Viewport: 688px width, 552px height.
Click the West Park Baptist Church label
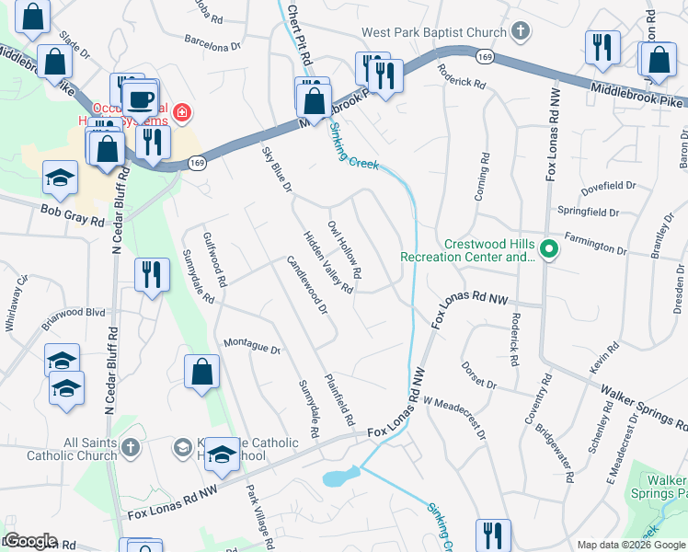click(x=433, y=32)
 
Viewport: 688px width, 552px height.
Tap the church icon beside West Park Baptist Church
click(x=521, y=32)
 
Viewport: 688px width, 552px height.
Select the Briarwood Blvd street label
click(x=74, y=317)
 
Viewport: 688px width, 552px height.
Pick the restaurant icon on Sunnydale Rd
click(x=151, y=274)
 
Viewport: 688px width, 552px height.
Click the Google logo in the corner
click(x=29, y=541)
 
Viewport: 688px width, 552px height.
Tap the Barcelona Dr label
click(x=212, y=42)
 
